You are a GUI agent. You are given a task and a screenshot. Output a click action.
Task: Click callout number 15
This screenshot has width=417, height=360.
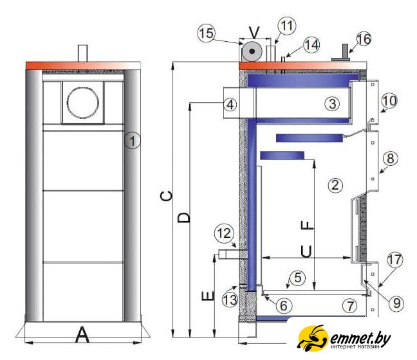click(x=207, y=33)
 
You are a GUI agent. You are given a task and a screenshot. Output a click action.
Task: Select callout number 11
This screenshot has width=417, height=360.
click(x=287, y=26)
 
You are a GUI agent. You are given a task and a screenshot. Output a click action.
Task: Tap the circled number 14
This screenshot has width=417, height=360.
click(x=311, y=45)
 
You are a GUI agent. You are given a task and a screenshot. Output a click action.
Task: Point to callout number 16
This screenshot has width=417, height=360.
click(x=364, y=39)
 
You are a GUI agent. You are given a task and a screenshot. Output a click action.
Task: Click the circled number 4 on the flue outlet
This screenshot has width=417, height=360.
click(x=230, y=104)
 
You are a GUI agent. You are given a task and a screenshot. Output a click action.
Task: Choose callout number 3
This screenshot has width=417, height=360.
click(x=332, y=104)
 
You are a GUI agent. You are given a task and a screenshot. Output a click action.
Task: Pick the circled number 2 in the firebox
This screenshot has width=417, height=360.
click(x=335, y=184)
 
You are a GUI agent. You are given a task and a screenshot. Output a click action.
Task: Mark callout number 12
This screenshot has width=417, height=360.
click(x=224, y=233)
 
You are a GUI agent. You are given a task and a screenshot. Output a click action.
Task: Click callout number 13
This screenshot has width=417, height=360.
click(x=230, y=300)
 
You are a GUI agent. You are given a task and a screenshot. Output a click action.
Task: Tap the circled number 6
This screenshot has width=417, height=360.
click(x=284, y=306)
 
